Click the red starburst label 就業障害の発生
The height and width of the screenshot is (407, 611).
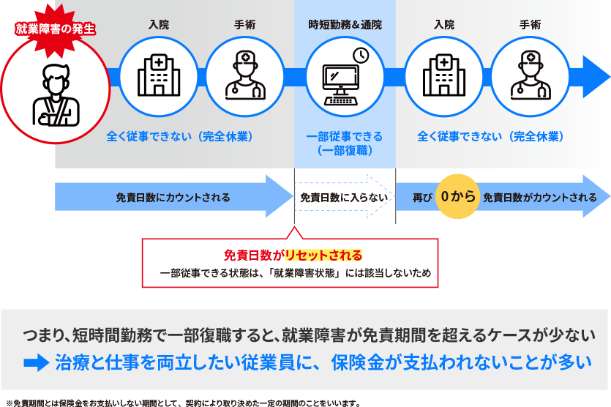(x=56, y=31)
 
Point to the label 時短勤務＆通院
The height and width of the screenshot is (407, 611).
(x=345, y=25)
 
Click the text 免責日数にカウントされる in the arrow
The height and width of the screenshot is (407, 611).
(x=173, y=198)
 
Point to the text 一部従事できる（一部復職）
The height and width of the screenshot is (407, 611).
(x=345, y=143)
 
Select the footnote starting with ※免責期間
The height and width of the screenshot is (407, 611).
(x=183, y=402)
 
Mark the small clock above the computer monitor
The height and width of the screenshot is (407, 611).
(x=361, y=56)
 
